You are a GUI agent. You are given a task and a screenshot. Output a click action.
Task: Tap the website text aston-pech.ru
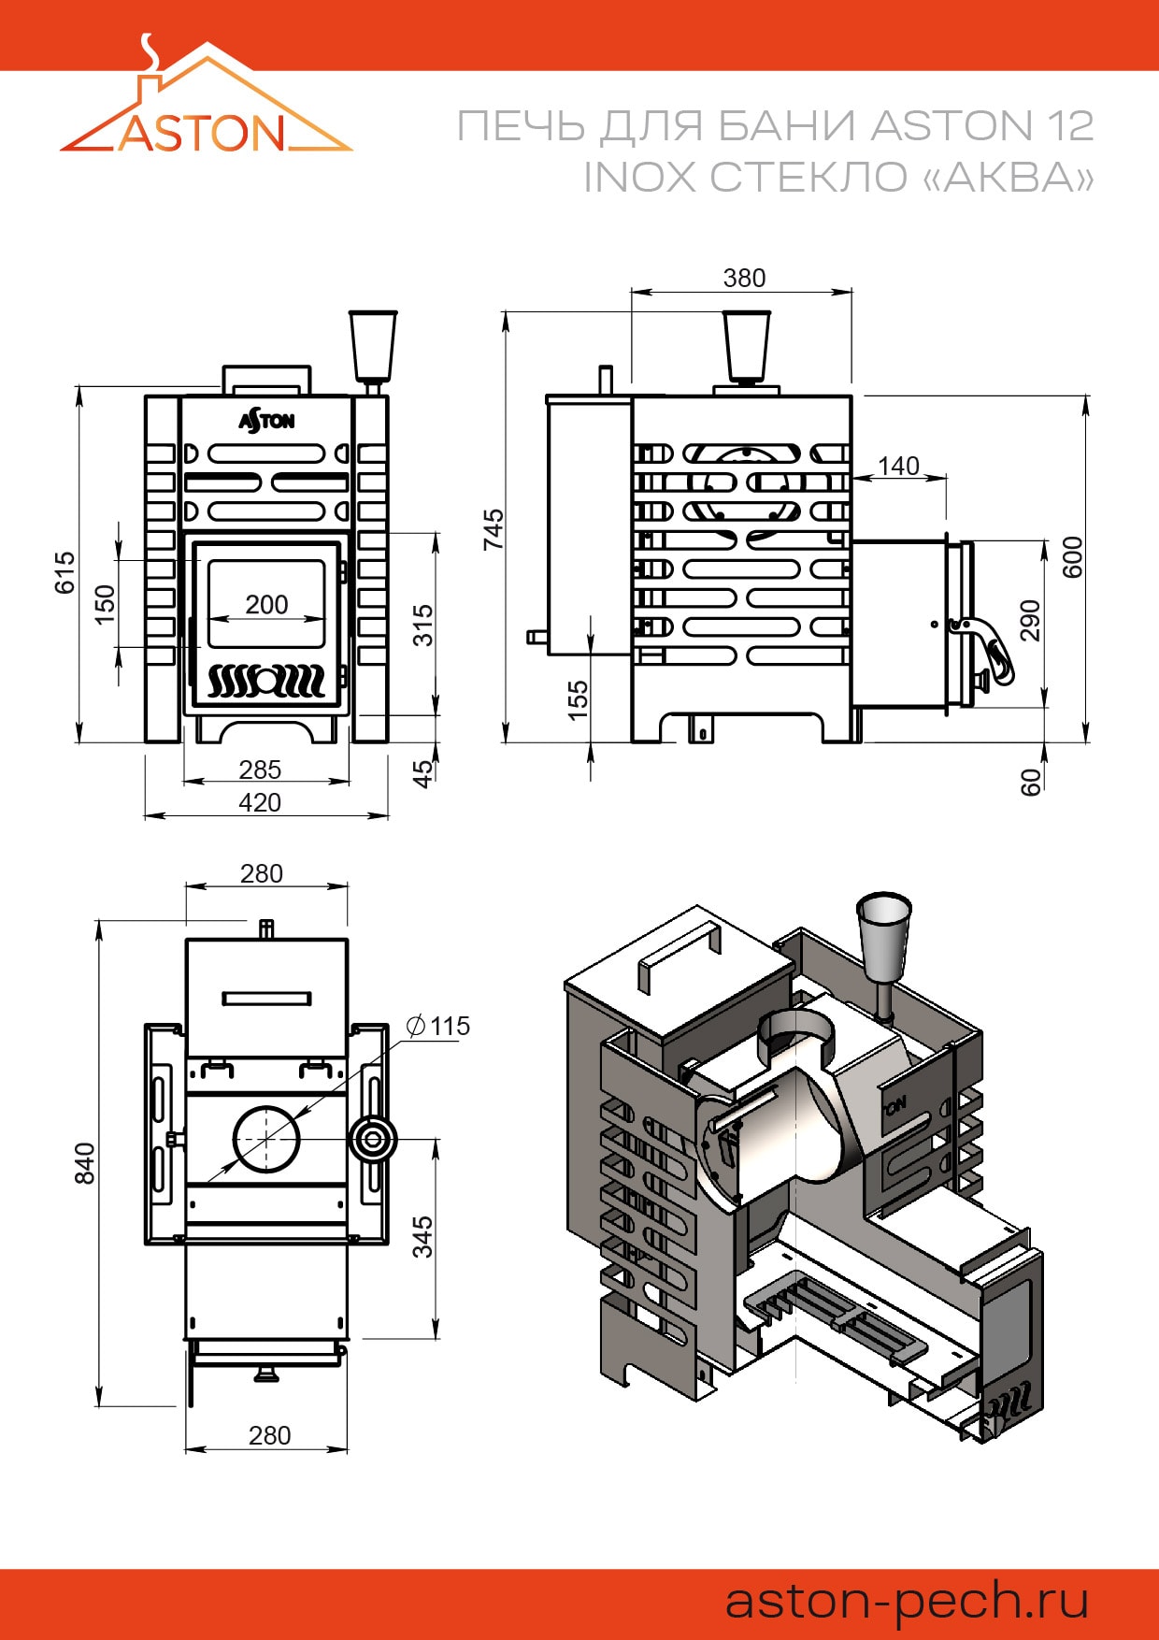coord(907,1600)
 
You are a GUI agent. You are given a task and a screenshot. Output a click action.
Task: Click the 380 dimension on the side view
coord(744,278)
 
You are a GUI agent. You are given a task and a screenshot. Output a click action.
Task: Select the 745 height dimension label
coord(493,528)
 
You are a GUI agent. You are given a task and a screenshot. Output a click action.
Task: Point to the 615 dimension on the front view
coord(64,572)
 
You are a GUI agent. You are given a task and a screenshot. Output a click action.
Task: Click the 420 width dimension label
coord(260,803)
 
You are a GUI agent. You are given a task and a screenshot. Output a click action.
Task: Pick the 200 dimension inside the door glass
coord(266,605)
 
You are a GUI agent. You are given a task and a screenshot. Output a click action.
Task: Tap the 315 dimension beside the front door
coord(423,625)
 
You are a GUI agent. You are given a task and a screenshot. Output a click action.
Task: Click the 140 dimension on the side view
coord(898,466)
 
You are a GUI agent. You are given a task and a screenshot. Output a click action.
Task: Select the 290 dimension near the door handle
coord(1029,620)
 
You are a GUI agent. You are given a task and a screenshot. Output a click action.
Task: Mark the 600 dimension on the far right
coord(1073,557)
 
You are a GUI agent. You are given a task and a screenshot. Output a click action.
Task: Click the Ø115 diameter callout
coord(438,1026)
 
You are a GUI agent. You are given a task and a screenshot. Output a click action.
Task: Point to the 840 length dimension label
coord(84,1162)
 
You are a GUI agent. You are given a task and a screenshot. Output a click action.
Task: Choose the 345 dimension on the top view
coord(422,1236)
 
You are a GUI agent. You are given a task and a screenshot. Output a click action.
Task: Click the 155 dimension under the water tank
coord(578,699)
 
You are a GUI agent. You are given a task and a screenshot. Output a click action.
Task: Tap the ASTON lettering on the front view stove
coord(267,421)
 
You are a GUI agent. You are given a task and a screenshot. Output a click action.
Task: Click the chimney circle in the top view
coord(266,1138)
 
